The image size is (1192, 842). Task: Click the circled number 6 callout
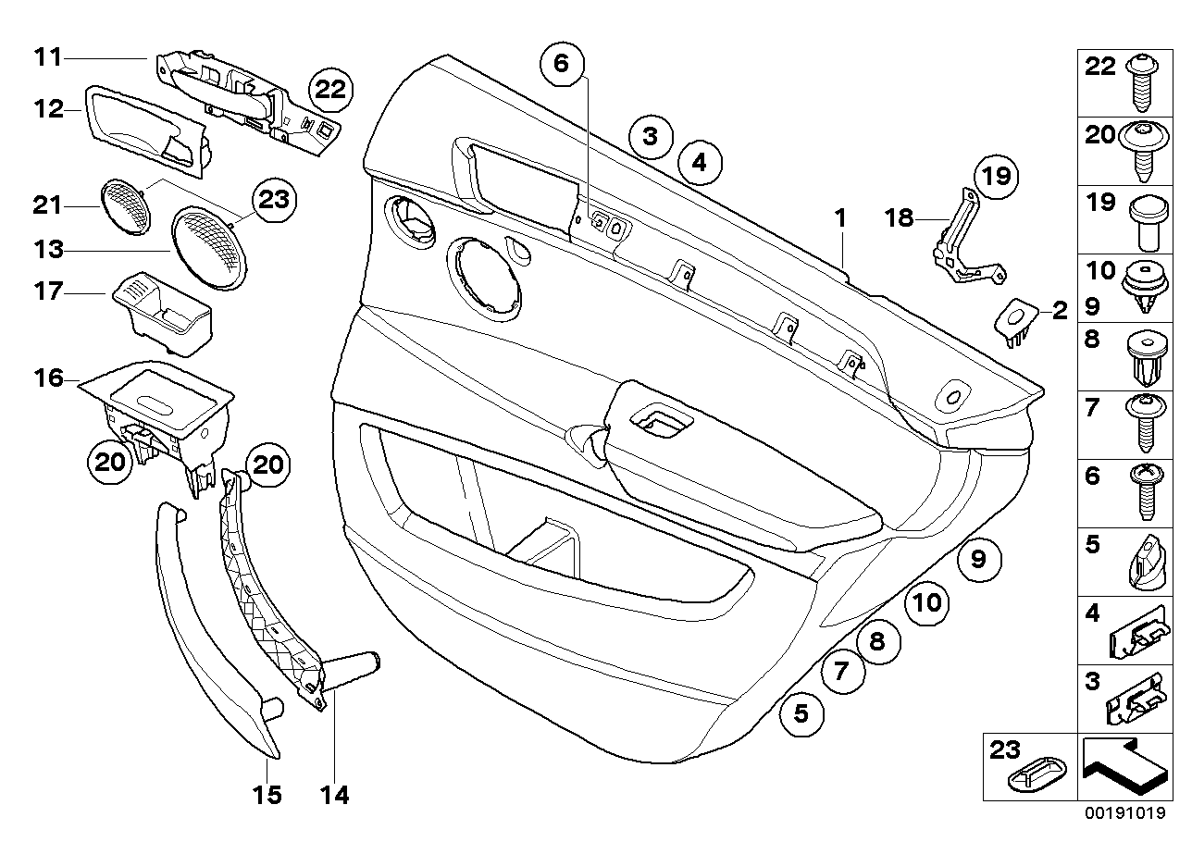564,64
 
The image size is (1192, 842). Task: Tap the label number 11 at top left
47,57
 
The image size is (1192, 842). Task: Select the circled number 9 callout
979,560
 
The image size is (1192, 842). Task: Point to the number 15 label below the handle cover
267,795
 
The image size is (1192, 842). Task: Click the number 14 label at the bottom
334,795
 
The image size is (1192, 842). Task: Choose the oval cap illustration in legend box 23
1031,777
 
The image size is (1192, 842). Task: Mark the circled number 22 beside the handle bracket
330,90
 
